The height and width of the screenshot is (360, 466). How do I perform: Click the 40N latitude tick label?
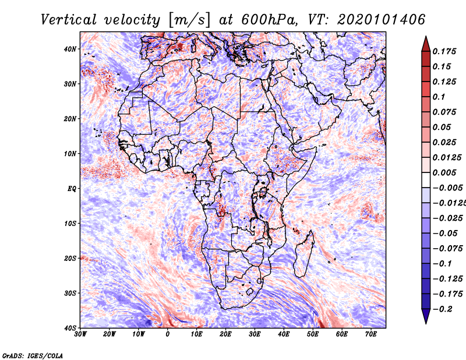[70, 49]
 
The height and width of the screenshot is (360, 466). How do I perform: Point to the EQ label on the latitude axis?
[72, 189]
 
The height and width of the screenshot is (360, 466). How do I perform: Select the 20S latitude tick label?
[70, 258]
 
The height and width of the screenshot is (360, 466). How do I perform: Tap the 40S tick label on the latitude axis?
[70, 328]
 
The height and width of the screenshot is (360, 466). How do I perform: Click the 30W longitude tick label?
[80, 334]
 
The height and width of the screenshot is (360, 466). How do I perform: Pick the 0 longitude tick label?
[168, 334]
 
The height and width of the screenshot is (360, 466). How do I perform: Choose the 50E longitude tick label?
[313, 334]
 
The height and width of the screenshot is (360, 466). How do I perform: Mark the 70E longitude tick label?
[371, 334]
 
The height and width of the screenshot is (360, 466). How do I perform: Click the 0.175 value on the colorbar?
[444, 51]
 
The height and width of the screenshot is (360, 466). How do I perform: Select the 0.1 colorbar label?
[439, 97]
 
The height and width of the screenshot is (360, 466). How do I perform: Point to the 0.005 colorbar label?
[444, 172]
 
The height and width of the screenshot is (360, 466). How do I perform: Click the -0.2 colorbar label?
[443, 309]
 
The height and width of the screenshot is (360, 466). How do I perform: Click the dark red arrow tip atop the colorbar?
[426, 37]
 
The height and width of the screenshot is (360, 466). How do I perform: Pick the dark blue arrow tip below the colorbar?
[426, 323]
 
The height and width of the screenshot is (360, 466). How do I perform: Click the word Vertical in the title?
[69, 20]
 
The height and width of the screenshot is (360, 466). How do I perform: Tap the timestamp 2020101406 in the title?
[382, 20]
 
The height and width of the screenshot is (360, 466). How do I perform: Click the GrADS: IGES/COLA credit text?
[33, 356]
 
